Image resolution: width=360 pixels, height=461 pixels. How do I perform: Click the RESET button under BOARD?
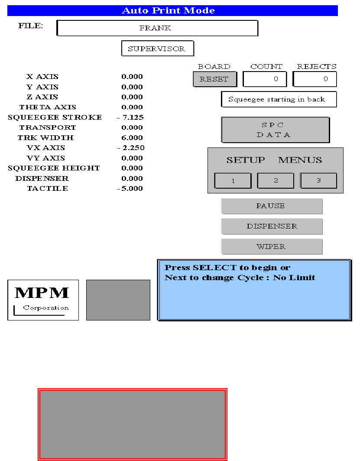click(x=215, y=79)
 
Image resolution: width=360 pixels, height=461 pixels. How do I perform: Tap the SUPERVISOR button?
click(x=157, y=49)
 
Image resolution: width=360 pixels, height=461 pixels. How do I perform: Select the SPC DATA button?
click(x=275, y=130)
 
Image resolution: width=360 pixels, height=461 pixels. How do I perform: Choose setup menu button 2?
click(x=276, y=180)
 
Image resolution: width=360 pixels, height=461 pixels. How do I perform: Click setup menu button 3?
click(x=318, y=180)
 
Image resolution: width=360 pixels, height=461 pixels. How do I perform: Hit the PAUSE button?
click(x=272, y=206)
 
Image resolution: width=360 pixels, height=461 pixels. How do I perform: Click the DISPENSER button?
click(x=272, y=226)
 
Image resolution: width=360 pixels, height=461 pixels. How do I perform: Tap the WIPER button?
click(x=272, y=247)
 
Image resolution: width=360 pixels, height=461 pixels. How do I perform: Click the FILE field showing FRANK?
click(x=157, y=28)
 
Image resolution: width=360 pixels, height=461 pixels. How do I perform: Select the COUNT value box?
click(x=264, y=79)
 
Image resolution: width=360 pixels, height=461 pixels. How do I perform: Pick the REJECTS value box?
click(x=315, y=79)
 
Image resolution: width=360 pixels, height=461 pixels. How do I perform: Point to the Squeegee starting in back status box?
click(x=279, y=99)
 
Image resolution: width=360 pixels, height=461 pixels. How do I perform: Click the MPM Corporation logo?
click(x=43, y=300)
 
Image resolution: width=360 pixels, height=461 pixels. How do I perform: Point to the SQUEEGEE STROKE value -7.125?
click(x=131, y=118)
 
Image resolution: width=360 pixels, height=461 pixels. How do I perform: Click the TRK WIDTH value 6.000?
click(x=132, y=138)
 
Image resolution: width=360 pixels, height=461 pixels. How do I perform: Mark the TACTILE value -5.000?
click(x=130, y=189)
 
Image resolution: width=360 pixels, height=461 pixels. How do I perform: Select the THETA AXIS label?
click(x=48, y=107)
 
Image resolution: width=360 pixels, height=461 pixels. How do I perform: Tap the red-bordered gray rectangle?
click(x=133, y=424)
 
